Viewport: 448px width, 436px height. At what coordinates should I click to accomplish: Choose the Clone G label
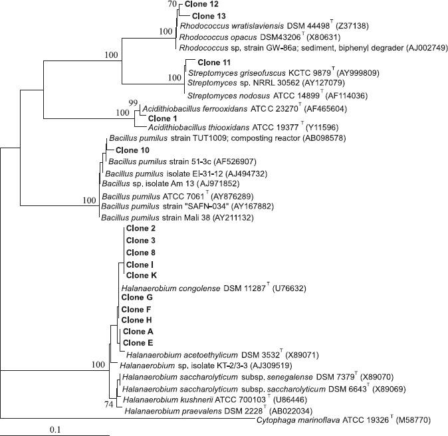click(137, 298)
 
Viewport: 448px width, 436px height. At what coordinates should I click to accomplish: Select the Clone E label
click(138, 343)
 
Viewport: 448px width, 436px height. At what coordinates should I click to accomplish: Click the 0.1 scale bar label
click(56, 429)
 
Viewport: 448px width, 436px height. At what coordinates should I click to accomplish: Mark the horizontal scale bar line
click(56, 435)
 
